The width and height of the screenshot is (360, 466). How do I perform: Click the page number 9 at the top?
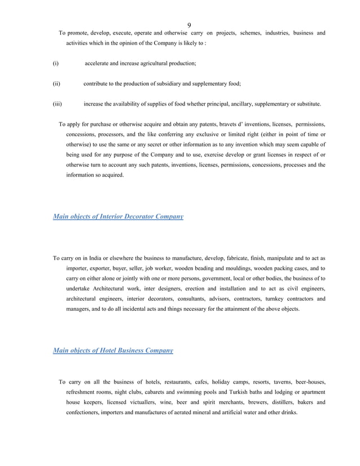[x=188, y=24]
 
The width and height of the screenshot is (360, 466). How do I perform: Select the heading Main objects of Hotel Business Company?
[x=113, y=350]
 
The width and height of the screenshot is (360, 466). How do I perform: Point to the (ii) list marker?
[x=56, y=83]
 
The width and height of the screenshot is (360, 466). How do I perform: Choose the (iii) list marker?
[x=57, y=104]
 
